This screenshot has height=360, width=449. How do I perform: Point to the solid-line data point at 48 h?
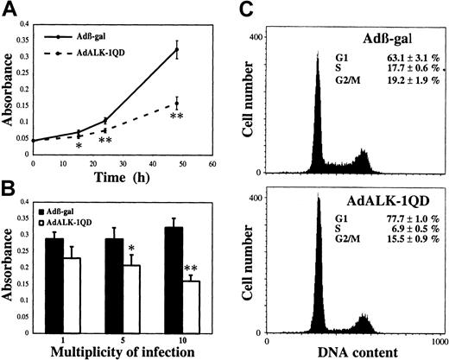[176, 49]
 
